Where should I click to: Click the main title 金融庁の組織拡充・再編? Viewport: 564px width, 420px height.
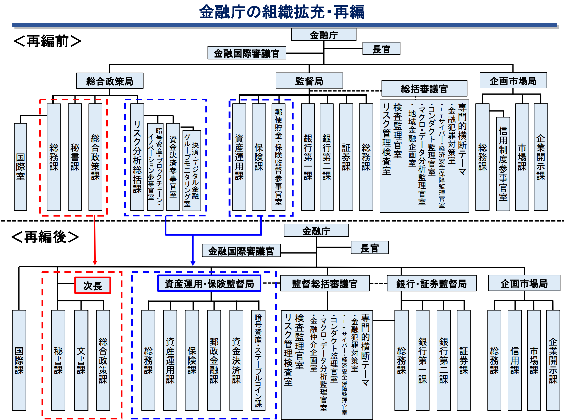click(282, 12)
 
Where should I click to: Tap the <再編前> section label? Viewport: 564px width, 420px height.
click(47, 41)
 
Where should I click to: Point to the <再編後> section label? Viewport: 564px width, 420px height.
click(45, 237)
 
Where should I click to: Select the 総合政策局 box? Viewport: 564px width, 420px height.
click(110, 81)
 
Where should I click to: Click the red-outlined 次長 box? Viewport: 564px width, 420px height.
click(93, 285)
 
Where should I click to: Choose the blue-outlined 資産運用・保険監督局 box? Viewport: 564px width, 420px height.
click(209, 283)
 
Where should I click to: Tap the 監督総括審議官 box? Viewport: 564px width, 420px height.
click(325, 283)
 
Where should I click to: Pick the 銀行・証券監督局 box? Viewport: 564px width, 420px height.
click(431, 283)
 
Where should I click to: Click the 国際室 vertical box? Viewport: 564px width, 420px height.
click(21, 167)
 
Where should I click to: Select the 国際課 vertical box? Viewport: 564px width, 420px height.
click(19, 360)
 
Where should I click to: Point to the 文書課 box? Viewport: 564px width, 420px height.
click(81, 360)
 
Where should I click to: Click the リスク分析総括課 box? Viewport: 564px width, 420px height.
click(137, 157)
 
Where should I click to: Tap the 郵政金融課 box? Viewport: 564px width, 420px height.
click(214, 360)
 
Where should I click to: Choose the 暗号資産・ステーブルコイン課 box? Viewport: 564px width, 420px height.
click(258, 360)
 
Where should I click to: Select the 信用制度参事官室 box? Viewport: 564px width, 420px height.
click(503, 164)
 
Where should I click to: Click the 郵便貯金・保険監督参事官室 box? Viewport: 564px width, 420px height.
click(279, 157)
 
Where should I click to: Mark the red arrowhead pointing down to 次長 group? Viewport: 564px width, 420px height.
click(95, 263)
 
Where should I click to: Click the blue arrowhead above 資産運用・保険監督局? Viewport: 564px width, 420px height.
click(193, 263)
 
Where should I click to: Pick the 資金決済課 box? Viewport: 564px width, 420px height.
click(236, 360)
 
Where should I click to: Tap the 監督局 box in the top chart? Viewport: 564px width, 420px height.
click(309, 81)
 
